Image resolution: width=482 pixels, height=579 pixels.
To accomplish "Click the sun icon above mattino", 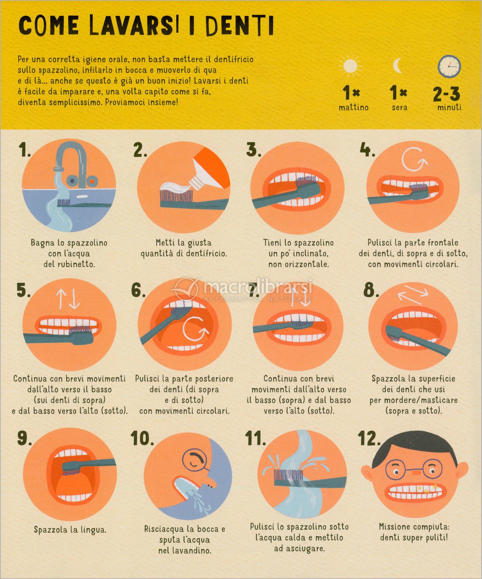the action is coord(350,66).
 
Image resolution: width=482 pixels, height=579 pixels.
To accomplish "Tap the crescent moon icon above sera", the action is coord(397,65).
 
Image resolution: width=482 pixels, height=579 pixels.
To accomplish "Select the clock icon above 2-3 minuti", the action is coord(449,66).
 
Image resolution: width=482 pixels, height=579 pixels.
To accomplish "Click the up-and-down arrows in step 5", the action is coord(68,299).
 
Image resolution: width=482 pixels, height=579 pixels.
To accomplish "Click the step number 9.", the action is coord(24,438).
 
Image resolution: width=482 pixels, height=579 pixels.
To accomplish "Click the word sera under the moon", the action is coord(399,107).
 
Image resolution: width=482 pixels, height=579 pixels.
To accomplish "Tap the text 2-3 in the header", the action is coord(447,94).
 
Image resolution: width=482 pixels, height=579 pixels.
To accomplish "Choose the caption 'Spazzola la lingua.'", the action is coord(70,530).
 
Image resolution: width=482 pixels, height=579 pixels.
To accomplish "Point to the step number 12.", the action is coord(369,438).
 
